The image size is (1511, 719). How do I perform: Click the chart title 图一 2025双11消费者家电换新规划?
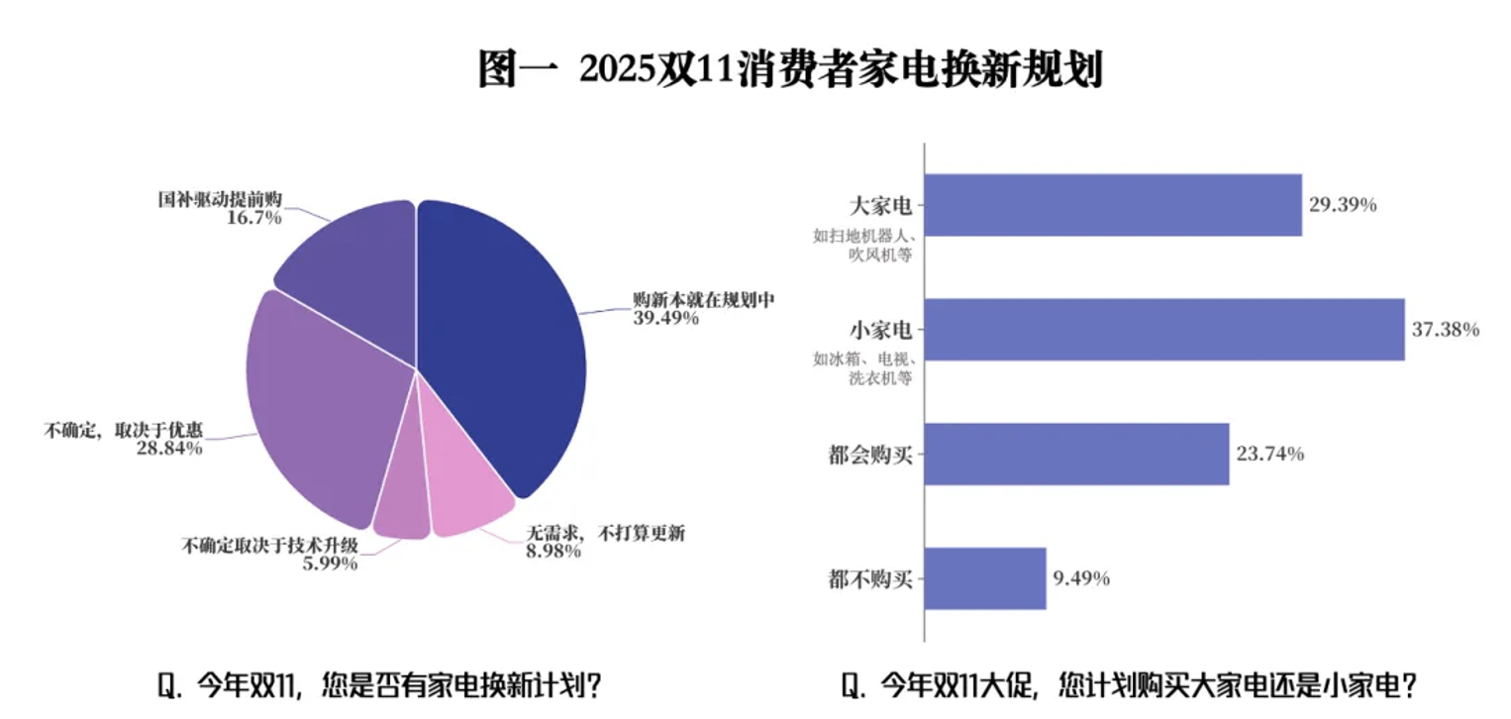(x=789, y=69)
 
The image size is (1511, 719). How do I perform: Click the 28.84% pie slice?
(x=317, y=396)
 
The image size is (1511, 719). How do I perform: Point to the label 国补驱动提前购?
(x=221, y=199)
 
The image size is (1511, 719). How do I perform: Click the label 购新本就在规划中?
(x=703, y=298)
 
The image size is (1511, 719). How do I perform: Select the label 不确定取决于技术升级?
(x=269, y=545)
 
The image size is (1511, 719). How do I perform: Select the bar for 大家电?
(x=1113, y=205)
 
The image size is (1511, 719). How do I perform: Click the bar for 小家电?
(x=1164, y=329)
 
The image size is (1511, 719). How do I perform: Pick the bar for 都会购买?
(x=1077, y=455)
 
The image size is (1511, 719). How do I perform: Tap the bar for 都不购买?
(x=985, y=578)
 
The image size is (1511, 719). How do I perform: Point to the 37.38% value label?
(x=1446, y=330)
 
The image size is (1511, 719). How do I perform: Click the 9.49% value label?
(x=1081, y=578)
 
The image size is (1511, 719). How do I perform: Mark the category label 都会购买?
(x=869, y=456)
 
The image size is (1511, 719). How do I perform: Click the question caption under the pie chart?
(x=380, y=685)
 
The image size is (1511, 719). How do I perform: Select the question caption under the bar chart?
(x=1129, y=685)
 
